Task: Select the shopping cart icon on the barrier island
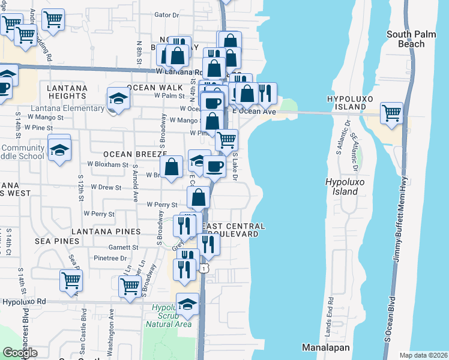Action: (391, 113)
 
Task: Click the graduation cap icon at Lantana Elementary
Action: (118, 98)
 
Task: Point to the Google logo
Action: (20, 353)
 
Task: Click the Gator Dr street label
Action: (167, 14)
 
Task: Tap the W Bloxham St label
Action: (108, 164)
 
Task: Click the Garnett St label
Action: (123, 247)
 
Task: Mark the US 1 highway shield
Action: (205, 268)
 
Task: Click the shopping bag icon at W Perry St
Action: (198, 197)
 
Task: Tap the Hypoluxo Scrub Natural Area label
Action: (168, 315)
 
